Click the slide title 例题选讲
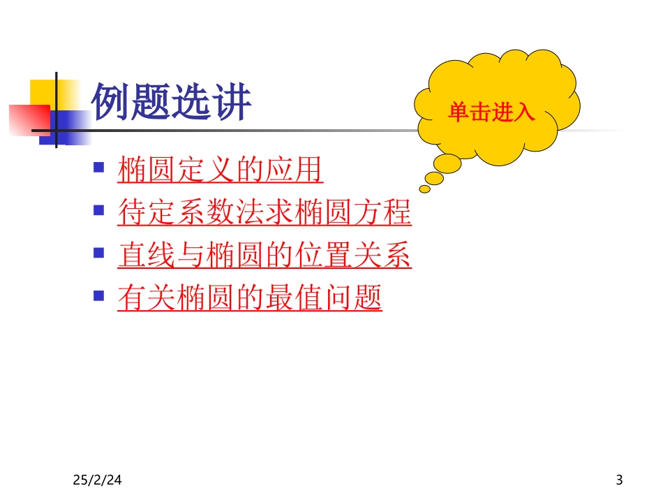pyautogui.click(x=172, y=103)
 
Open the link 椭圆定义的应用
pyautogui.click(x=221, y=170)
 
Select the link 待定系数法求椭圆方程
pyautogui.click(x=265, y=213)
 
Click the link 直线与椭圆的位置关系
pyautogui.click(x=265, y=256)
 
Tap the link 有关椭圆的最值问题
pyautogui.click(x=250, y=300)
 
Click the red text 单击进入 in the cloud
pyautogui.click(x=491, y=112)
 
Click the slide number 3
pyautogui.click(x=619, y=480)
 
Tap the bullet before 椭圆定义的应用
pyautogui.click(x=99, y=168)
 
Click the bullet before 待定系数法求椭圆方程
pyautogui.click(x=99, y=211)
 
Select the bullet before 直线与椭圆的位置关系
pyautogui.click(x=99, y=254)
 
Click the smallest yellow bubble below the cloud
pyautogui.click(x=425, y=189)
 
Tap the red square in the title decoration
pyautogui.click(x=28, y=119)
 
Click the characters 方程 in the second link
pyautogui.click(x=382, y=213)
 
